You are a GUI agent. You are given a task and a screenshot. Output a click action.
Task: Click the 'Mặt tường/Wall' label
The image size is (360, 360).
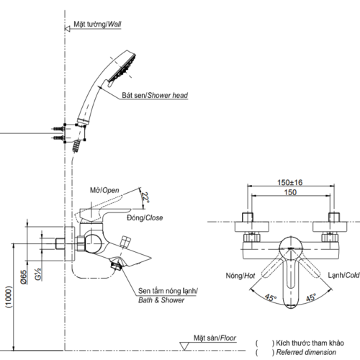97,24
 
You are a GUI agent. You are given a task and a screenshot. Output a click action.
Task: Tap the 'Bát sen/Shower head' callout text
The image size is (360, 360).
155,95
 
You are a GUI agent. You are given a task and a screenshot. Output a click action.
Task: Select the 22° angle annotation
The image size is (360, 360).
145,197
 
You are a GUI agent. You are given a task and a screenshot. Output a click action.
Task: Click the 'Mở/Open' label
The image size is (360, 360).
104,190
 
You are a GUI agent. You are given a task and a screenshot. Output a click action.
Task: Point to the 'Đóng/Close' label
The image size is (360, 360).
145,218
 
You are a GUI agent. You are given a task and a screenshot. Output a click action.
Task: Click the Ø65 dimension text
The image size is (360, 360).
24,277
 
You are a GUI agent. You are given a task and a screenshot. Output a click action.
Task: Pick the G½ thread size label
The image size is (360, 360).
38,274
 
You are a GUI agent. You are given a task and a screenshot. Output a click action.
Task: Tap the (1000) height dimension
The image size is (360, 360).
9,297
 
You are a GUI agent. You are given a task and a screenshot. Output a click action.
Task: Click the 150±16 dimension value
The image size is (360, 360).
290,182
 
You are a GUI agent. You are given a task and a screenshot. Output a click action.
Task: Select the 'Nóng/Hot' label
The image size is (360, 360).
240,276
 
